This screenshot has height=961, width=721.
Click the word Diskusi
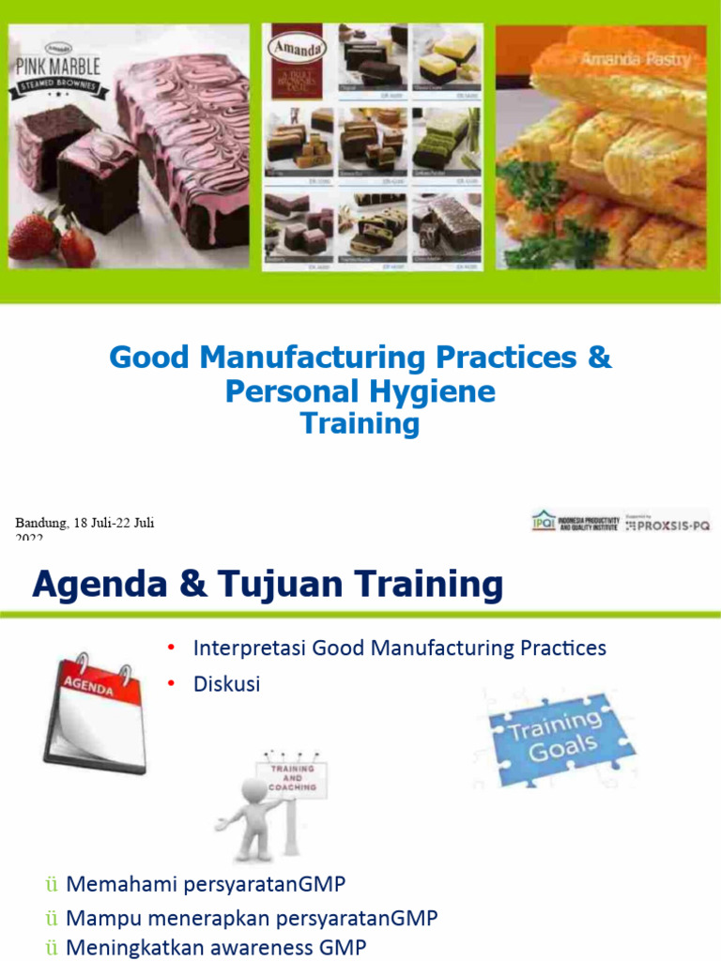pos(226,684)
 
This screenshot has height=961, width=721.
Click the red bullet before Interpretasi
pos(172,648)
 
